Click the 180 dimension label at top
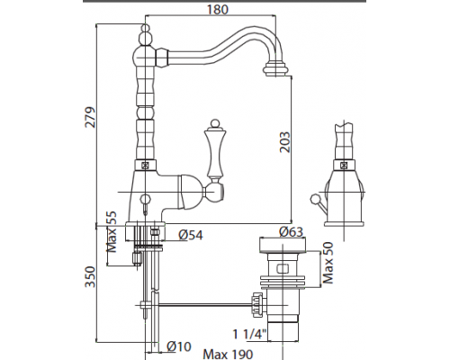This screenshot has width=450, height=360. [x=218, y=9]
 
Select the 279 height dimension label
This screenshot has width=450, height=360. [x=90, y=117]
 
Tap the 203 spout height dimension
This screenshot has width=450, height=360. [x=285, y=142]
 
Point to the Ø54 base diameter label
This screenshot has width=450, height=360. [x=191, y=235]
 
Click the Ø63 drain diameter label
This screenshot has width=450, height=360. [x=291, y=231]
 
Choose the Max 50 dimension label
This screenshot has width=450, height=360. [x=328, y=263]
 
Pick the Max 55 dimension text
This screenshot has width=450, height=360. [x=111, y=231]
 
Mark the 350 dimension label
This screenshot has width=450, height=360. [x=90, y=276]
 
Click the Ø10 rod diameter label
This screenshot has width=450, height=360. [x=179, y=346]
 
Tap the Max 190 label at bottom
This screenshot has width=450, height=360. [x=228, y=355]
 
